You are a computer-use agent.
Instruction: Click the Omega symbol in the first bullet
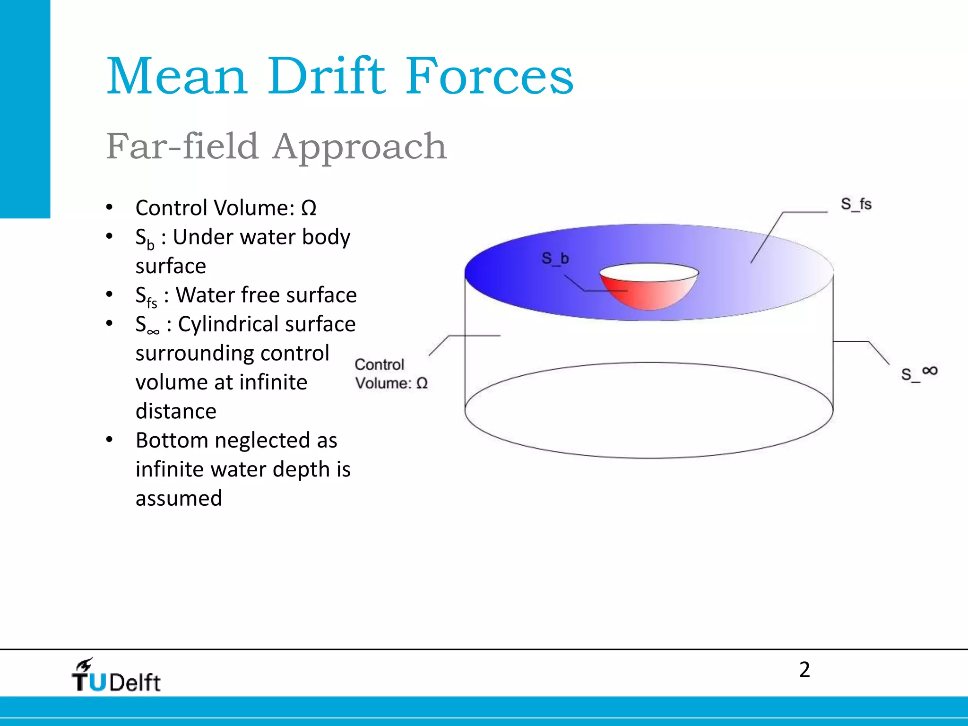[x=309, y=208]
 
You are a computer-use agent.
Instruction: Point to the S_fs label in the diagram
[x=856, y=204]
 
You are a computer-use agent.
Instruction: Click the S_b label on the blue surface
[x=555, y=258]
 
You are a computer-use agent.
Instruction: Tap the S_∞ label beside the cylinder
[x=919, y=373]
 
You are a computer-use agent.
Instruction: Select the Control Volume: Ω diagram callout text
[x=391, y=373]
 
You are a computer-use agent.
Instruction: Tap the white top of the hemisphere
[x=648, y=272]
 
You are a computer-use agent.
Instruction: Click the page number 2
[x=804, y=670]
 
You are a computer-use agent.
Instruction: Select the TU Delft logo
[x=116, y=677]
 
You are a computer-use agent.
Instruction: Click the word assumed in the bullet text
[x=179, y=499]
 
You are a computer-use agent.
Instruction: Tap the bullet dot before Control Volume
[x=110, y=207]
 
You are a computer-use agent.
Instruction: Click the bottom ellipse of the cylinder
[x=648, y=458]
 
